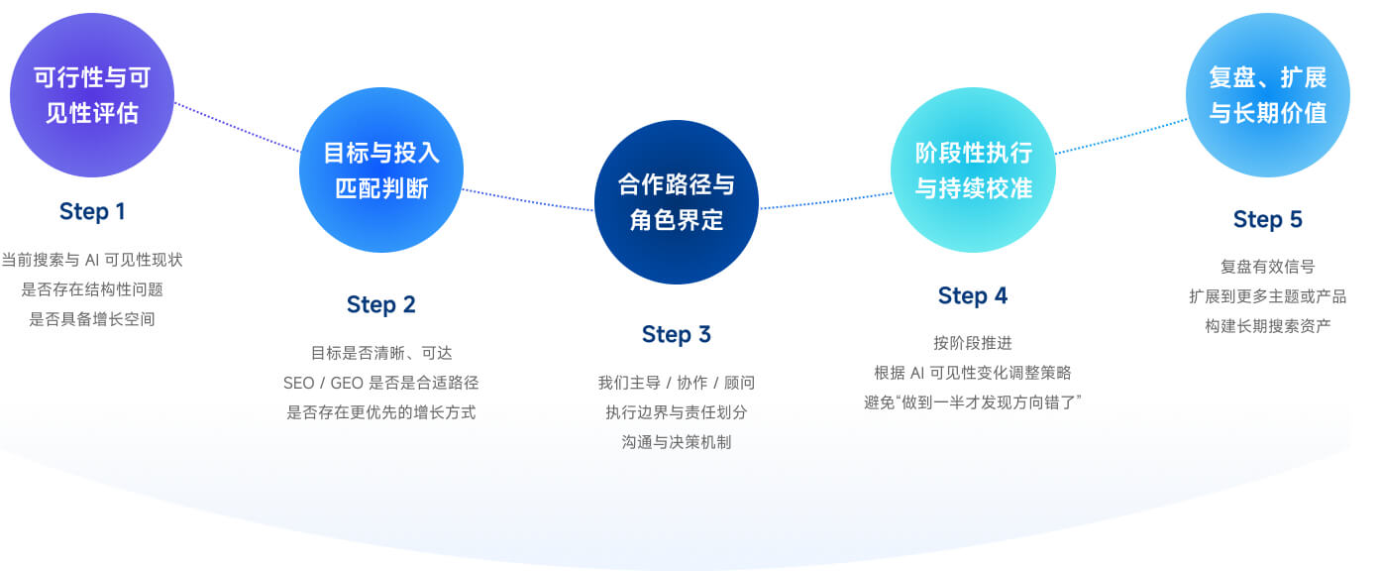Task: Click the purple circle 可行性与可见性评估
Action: tap(92, 95)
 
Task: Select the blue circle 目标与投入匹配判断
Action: tap(381, 170)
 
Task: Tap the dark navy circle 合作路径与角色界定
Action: tap(677, 201)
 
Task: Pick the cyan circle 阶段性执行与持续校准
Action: tap(973, 170)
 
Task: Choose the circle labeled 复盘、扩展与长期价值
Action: tap(1268, 95)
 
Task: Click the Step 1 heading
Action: tap(92, 211)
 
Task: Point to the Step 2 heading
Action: tap(381, 304)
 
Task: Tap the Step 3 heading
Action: tap(677, 334)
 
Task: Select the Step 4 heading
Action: tap(973, 296)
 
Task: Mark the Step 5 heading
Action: tap(1268, 219)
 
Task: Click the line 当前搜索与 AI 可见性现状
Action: tap(92, 260)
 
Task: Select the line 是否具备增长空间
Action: tap(92, 319)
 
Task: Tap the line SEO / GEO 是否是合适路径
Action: tap(381, 383)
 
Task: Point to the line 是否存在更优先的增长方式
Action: tap(381, 412)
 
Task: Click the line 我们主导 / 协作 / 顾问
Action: tap(677, 383)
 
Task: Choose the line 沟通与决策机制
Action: tap(677, 442)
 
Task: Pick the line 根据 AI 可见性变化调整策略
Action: tap(973, 373)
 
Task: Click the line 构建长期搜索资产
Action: tap(1268, 325)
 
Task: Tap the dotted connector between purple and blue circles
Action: tap(237, 127)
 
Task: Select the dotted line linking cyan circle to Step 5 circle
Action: tap(1121, 136)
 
